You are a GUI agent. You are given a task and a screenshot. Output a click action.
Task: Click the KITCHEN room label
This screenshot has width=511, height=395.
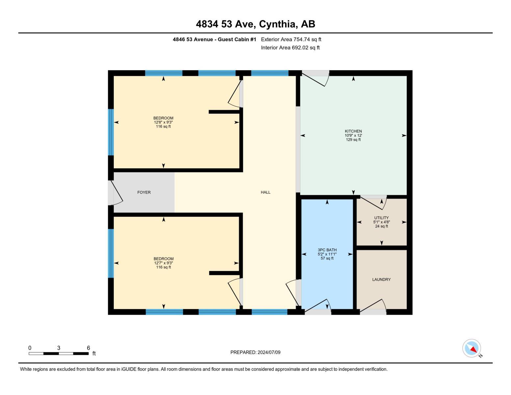click(x=353, y=131)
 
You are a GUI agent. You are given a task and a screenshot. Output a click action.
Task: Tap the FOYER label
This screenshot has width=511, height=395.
click(x=144, y=192)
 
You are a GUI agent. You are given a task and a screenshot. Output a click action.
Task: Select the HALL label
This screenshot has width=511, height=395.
click(x=266, y=192)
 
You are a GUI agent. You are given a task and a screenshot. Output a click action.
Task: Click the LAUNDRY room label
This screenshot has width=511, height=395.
click(x=381, y=279)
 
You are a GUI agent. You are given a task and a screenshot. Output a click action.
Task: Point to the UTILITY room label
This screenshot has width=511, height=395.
click(x=381, y=218)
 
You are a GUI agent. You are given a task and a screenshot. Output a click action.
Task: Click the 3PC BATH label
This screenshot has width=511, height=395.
click(x=327, y=250)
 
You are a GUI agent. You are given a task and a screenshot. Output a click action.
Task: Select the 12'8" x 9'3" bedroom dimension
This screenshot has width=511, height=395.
click(x=163, y=122)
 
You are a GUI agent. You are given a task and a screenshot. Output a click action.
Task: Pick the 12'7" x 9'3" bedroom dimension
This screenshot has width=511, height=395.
click(x=163, y=263)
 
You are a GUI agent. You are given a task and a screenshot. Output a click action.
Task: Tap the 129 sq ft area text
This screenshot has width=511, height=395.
click(x=353, y=140)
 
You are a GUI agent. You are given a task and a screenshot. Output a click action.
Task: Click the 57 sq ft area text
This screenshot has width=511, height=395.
click(x=327, y=258)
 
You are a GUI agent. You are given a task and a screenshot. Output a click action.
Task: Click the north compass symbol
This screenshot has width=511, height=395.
click(x=472, y=348)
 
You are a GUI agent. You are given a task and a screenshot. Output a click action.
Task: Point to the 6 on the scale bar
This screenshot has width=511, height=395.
click(x=88, y=348)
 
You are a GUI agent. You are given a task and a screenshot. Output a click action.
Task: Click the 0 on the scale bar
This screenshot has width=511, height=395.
click(x=30, y=348)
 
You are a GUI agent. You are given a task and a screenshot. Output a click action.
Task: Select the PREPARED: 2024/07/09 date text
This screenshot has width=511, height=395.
click(x=255, y=352)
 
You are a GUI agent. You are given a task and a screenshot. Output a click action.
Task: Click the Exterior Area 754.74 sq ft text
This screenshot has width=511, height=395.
click(x=291, y=39)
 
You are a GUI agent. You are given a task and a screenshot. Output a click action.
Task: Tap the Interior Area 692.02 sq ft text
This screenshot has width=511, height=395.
click(x=290, y=48)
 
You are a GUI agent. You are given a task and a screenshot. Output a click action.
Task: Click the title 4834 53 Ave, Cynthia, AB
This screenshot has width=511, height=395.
click(x=255, y=24)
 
